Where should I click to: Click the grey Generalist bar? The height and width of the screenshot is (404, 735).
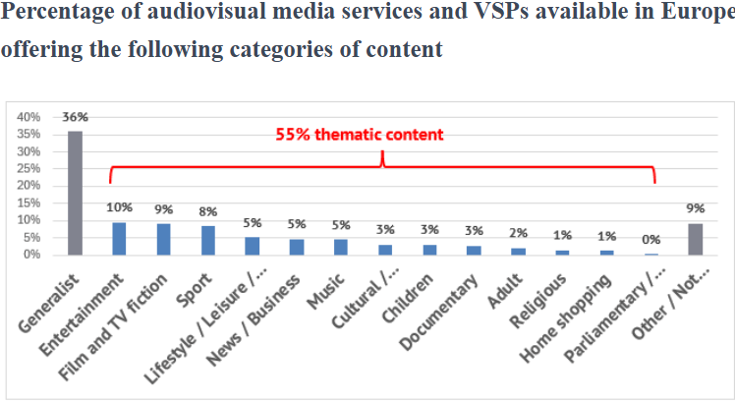click(x=76, y=193)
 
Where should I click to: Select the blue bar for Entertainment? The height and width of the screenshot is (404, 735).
click(x=120, y=238)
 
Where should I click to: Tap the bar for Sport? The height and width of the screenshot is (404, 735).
click(x=208, y=240)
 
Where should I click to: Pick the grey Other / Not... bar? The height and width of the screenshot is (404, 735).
click(x=695, y=239)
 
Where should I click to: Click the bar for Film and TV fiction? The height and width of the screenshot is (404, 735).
click(x=164, y=239)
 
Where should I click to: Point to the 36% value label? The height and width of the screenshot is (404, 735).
click(x=76, y=117)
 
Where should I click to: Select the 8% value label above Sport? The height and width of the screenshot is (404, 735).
click(x=208, y=211)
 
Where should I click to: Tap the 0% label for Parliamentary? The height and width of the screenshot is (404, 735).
click(x=650, y=239)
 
